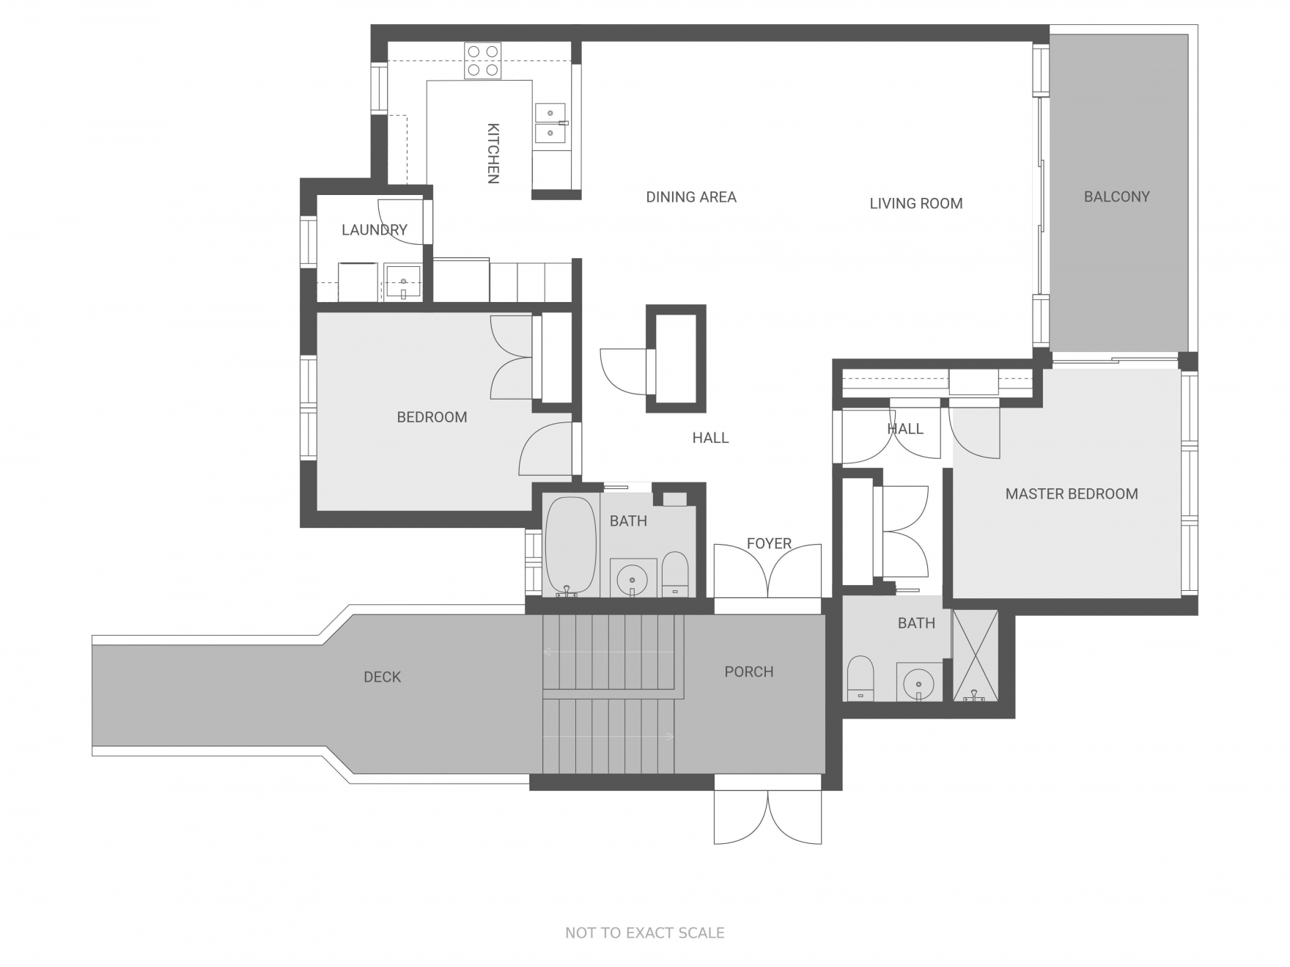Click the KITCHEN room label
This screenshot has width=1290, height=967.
coord(493,153)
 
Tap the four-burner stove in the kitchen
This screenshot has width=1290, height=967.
coord(483,61)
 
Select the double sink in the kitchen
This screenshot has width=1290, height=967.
coord(550,123)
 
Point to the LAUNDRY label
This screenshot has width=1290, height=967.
coord(375,230)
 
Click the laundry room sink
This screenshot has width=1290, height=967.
coord(403,283)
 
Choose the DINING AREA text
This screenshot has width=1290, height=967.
coord(691,197)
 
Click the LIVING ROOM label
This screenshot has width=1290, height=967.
coord(916,204)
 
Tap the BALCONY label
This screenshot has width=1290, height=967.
coord(1117,196)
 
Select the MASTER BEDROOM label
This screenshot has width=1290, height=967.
coord(1072,494)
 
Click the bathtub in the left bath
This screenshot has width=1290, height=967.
coord(571,545)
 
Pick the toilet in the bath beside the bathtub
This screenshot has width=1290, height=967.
coord(675,574)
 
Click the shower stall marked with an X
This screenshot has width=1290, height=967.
coord(976,655)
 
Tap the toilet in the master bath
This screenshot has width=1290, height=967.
coord(860,678)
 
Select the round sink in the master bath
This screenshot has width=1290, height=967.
coord(918,683)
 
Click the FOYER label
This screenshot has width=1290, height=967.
coord(769,544)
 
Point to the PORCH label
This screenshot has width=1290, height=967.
coord(749,672)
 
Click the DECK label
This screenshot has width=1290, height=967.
coord(383,677)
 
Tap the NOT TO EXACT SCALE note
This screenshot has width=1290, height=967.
coord(645,933)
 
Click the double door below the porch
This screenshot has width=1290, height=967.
coord(768,817)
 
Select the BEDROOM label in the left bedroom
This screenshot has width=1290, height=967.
coord(432,417)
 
